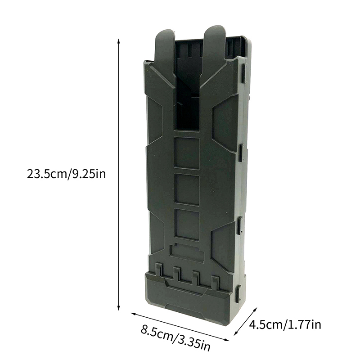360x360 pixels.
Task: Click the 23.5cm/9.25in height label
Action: click(66, 174)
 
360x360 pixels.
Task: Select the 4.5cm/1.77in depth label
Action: click(285, 325)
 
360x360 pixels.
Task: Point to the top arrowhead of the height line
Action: click(118, 41)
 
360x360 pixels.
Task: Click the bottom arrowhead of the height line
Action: click(118, 308)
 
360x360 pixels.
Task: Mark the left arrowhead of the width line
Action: click(133, 314)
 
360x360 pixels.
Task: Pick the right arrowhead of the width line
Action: click(227, 339)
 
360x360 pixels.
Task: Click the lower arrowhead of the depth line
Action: click(236, 333)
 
